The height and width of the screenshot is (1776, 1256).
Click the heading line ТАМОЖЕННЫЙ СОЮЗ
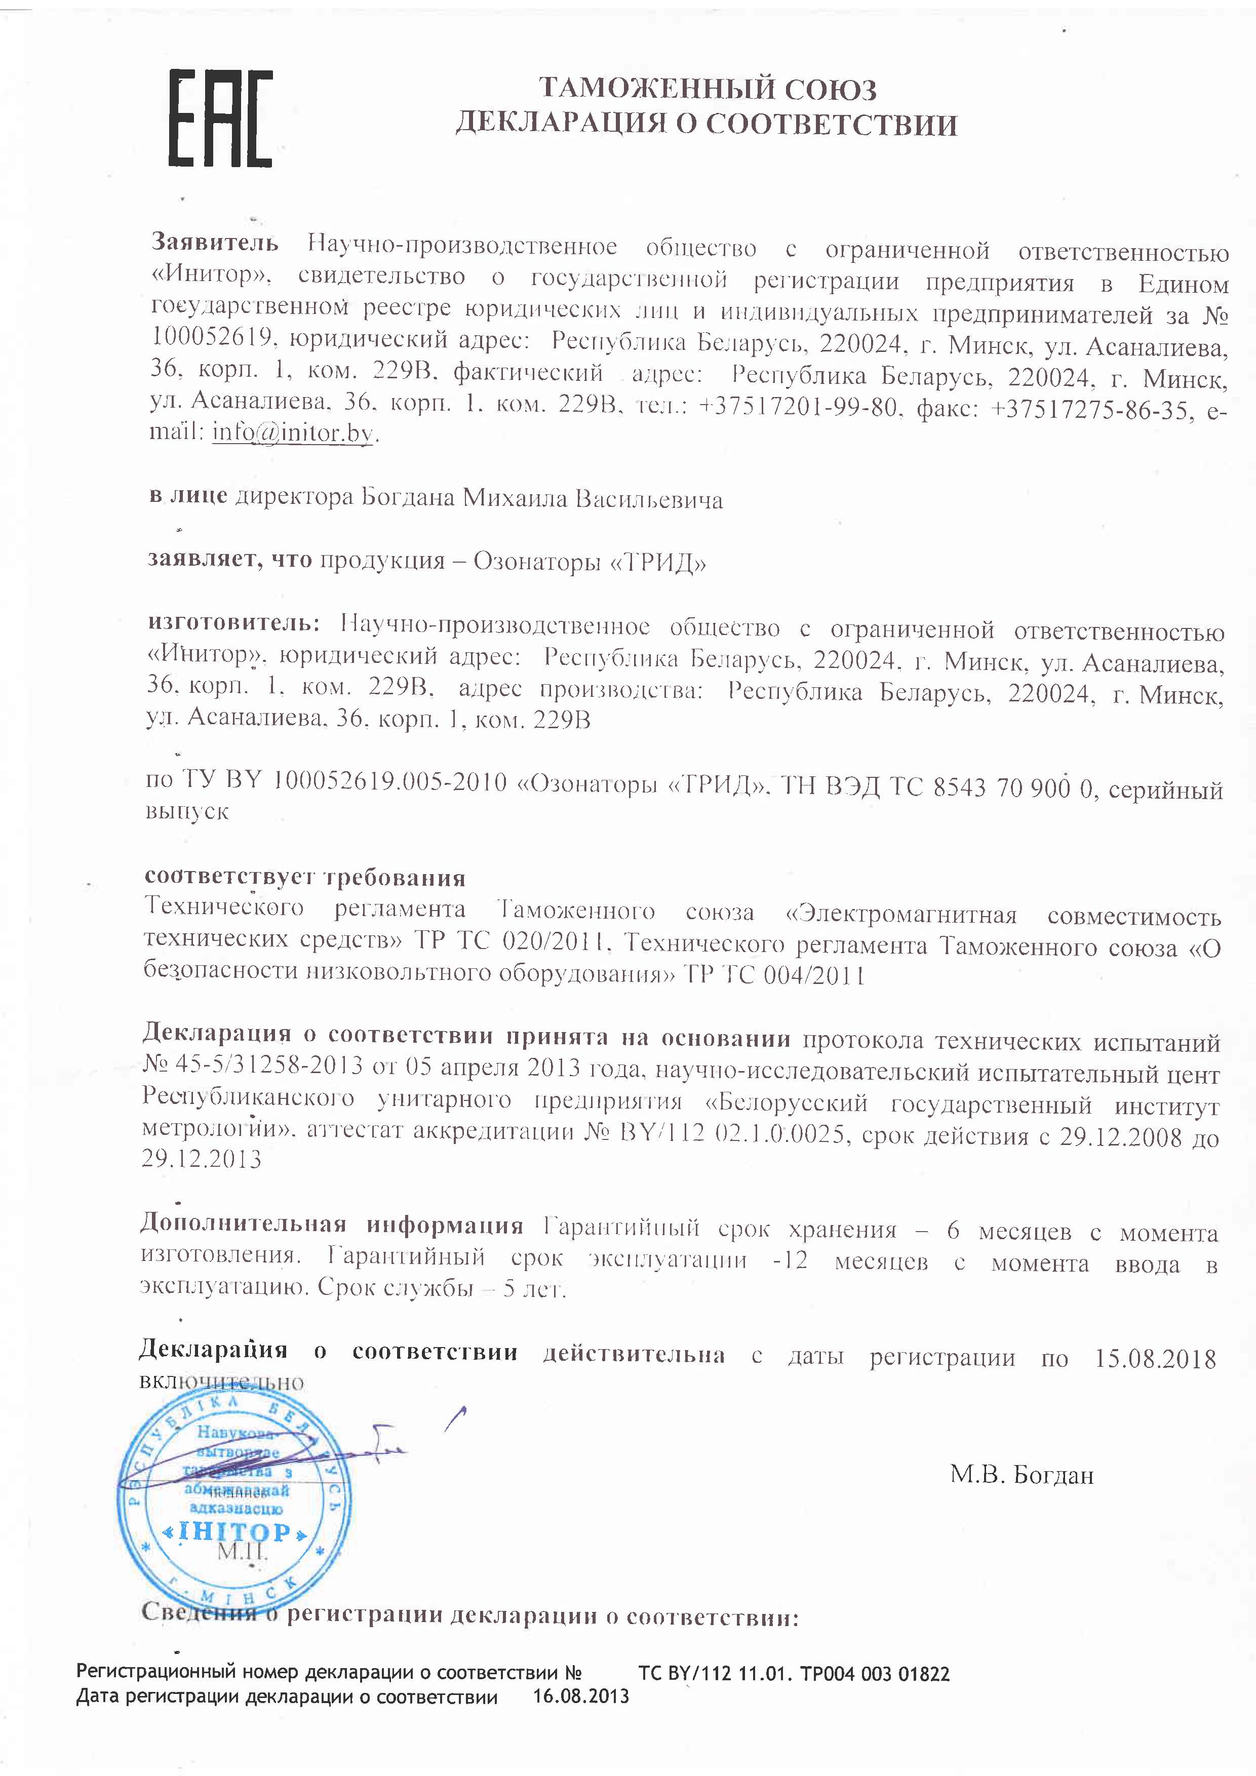(707, 90)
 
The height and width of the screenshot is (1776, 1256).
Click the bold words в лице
(188, 495)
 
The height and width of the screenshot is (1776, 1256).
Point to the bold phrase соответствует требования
(305, 877)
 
